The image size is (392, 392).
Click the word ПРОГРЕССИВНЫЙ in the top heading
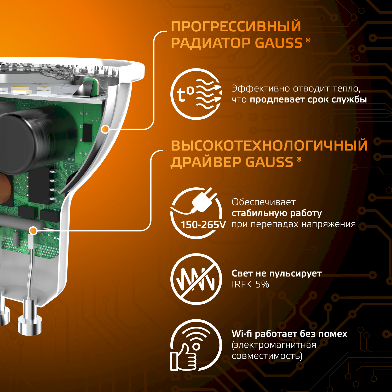click(x=236, y=27)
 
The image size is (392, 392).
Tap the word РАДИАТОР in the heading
click(x=211, y=43)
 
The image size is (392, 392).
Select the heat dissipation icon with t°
click(x=196, y=94)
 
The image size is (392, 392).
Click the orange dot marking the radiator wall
click(x=105, y=129)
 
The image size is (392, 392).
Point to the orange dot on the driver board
click(x=33, y=230)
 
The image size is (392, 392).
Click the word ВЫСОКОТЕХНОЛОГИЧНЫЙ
click(x=269, y=146)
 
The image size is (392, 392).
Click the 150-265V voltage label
click(x=203, y=225)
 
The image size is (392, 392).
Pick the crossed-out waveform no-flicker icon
click(x=196, y=279)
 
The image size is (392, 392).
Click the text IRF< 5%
click(x=250, y=284)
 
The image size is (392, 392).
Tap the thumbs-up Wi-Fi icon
click(x=196, y=345)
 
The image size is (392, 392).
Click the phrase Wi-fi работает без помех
click(x=290, y=334)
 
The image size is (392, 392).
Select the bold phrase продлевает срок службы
click(x=308, y=100)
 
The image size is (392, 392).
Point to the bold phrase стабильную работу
click(x=277, y=213)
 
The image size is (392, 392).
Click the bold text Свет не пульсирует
click(x=276, y=273)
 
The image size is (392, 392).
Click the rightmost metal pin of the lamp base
click(x=30, y=316)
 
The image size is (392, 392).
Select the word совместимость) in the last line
click(x=267, y=356)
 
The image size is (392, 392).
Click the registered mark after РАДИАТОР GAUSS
click(x=308, y=40)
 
